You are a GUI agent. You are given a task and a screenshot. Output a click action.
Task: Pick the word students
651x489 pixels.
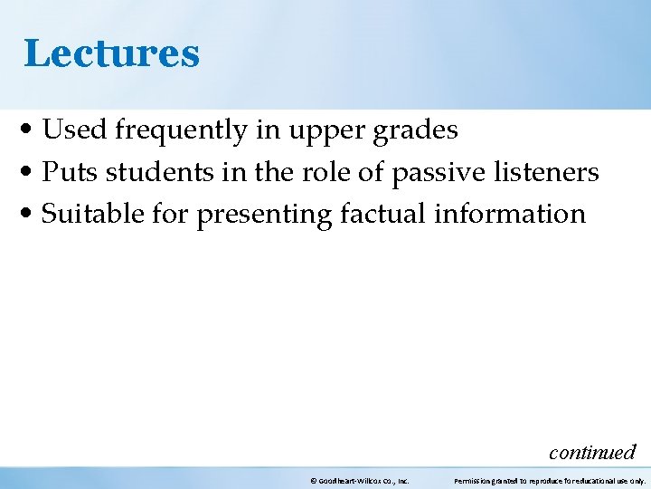pos(151,172)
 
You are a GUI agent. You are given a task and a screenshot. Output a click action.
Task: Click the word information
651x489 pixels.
pos(510,214)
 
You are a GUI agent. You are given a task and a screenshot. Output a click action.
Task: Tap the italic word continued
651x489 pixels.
pos(592,452)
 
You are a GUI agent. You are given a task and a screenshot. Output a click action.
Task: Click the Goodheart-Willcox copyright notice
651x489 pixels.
pos(359,481)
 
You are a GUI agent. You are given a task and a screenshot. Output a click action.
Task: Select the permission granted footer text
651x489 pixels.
pos(549,481)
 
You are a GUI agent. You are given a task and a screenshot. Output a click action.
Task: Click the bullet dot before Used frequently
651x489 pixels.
pos(29,131)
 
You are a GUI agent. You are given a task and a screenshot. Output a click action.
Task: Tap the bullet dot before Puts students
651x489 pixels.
pos(29,173)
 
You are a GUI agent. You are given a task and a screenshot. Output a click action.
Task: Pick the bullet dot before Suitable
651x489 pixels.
pos(29,215)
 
